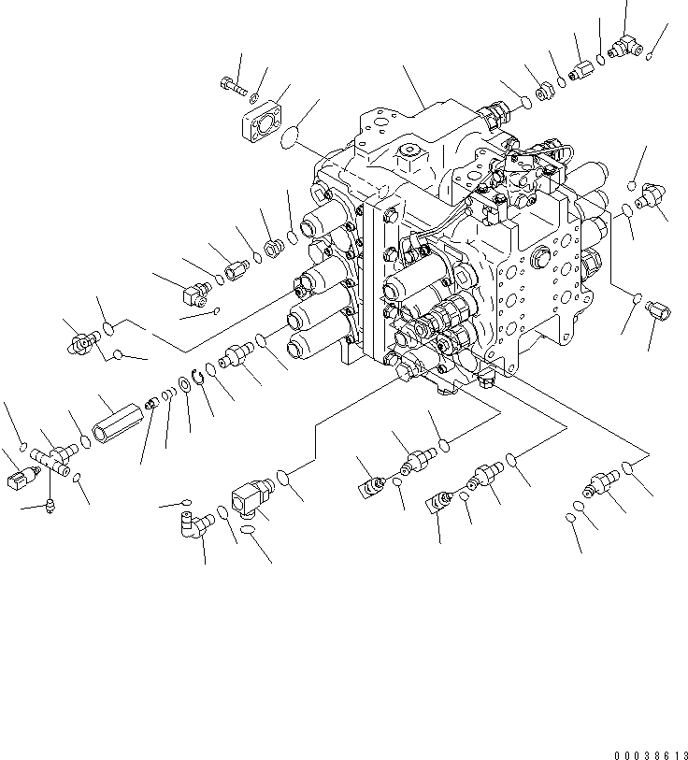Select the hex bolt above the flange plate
pos(235,88)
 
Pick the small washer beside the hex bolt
pos(254,95)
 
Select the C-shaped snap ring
pos(197,379)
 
